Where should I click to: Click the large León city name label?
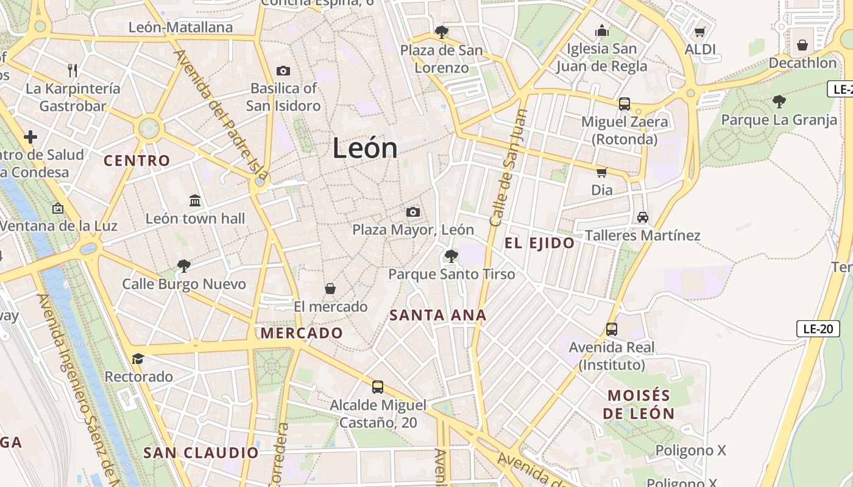click(365, 149)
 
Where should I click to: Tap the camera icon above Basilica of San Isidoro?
click(283, 71)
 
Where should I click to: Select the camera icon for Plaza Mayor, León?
click(413, 212)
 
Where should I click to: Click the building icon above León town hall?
click(195, 200)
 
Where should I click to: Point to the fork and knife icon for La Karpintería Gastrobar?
click(73, 71)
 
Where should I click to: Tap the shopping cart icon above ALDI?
click(700, 32)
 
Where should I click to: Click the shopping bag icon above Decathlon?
click(802, 45)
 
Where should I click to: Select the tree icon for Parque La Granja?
click(779, 102)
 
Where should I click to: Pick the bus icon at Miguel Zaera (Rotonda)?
click(625, 104)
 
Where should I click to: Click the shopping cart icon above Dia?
click(602, 172)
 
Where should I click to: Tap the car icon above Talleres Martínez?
click(642, 217)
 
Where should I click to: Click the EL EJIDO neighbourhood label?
click(539, 243)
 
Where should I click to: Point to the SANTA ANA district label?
click(438, 315)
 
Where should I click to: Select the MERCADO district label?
click(302, 333)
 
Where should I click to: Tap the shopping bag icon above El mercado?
click(330, 289)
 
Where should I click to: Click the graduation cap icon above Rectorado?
click(138, 359)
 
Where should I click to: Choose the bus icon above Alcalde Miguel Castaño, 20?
click(378, 387)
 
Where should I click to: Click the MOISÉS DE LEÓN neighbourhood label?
click(639, 405)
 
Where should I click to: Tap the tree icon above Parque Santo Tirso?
click(451, 256)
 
